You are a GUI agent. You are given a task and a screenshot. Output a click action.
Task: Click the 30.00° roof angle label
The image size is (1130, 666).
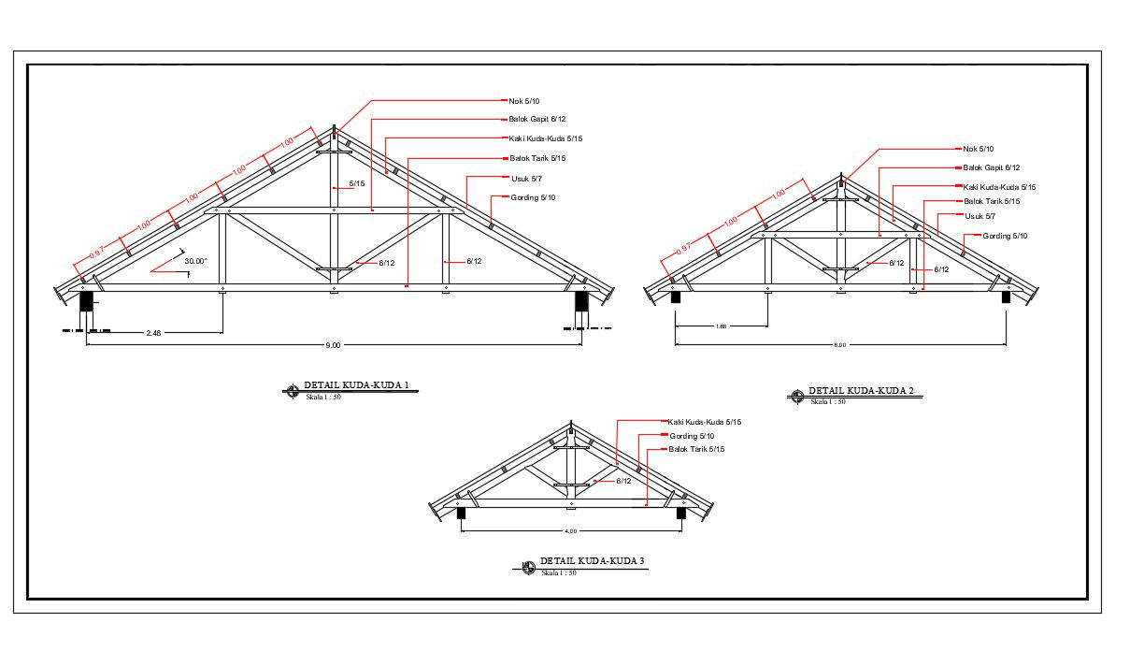tap(195, 261)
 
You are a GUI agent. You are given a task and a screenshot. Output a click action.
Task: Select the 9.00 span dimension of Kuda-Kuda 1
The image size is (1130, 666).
tap(333, 345)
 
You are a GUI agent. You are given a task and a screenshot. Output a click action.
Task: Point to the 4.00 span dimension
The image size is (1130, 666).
tap(570, 531)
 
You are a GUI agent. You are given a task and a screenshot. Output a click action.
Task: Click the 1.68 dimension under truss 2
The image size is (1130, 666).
tap(721, 326)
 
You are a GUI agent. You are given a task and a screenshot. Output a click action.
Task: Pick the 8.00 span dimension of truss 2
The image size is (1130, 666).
tap(839, 345)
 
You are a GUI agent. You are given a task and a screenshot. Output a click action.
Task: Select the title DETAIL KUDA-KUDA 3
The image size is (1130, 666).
tap(593, 561)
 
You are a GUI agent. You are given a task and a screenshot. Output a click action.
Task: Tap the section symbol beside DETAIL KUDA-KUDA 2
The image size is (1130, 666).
tap(797, 397)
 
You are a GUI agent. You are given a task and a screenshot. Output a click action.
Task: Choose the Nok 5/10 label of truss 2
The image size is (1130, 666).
tap(979, 149)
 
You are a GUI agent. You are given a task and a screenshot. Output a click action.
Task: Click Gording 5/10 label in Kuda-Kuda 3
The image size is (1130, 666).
tap(692, 436)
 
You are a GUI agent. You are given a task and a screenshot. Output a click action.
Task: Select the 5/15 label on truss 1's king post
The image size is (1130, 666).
tap(357, 183)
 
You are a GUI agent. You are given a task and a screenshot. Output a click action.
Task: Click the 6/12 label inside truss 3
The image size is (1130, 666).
tap(623, 481)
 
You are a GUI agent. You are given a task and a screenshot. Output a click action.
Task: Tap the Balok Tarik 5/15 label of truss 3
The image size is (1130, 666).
tap(696, 450)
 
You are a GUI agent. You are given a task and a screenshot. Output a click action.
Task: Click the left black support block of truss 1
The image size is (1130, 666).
tap(86, 301)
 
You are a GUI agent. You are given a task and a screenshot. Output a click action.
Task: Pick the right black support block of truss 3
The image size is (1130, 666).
tap(681, 513)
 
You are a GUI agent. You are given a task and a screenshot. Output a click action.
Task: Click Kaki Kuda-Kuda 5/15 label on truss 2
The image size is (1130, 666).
tap(1000, 187)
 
